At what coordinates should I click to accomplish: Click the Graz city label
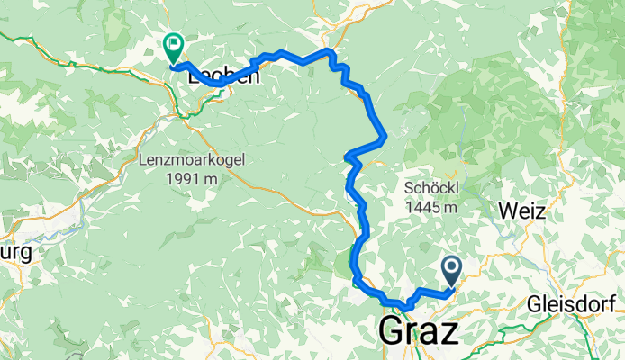(x=419, y=330)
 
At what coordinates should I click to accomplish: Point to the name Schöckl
(x=431, y=190)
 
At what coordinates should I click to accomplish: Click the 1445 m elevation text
(x=431, y=208)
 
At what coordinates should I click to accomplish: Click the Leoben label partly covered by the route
(x=223, y=77)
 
